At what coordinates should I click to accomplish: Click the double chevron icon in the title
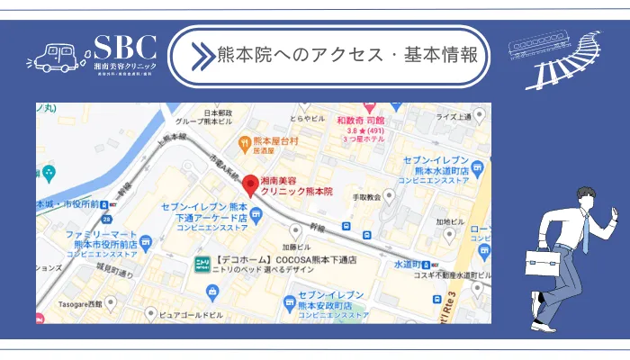click(200, 55)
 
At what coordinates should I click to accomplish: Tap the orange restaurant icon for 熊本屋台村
click(243, 143)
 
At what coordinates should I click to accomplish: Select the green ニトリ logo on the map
click(203, 261)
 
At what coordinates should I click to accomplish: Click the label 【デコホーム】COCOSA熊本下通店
click(288, 259)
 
